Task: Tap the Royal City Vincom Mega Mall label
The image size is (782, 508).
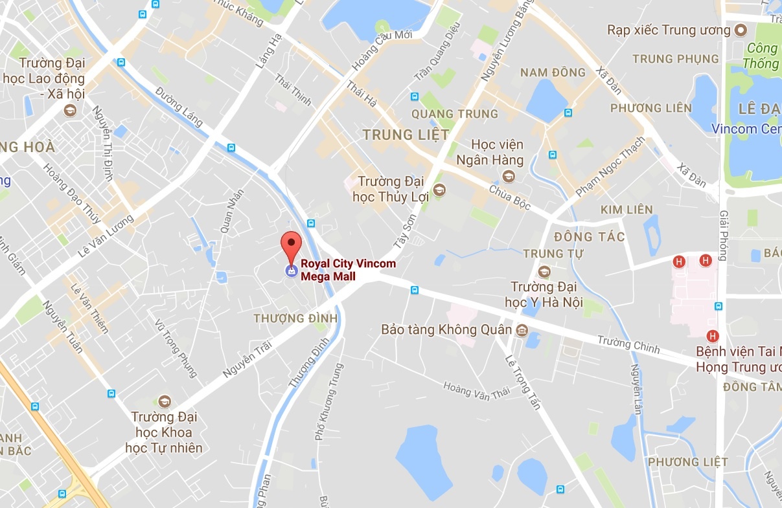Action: click(347, 270)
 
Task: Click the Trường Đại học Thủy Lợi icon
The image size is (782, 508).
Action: click(440, 190)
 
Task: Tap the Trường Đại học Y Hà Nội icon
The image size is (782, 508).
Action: click(544, 271)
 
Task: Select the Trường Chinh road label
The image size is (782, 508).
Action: click(628, 344)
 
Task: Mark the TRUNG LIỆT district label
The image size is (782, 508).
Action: click(406, 135)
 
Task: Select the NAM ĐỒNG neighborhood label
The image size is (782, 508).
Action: click(553, 72)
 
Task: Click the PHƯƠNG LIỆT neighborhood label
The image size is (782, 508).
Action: click(687, 462)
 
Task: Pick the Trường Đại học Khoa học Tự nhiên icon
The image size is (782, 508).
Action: click(164, 401)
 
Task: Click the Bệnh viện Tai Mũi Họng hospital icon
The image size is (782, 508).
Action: click(713, 336)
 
